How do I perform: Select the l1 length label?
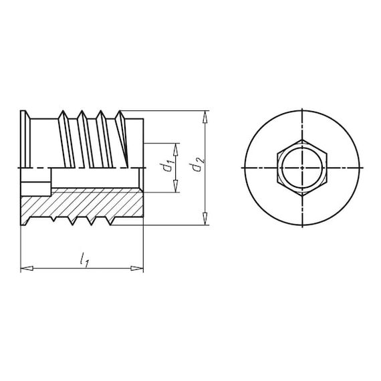coord(84,259)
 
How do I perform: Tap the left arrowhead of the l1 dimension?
coord(27,268)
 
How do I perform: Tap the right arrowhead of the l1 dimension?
coord(137,268)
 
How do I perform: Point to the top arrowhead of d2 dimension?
coord(205,117)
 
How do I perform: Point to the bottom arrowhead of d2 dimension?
coord(205,219)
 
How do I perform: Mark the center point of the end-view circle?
coord(302,168)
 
